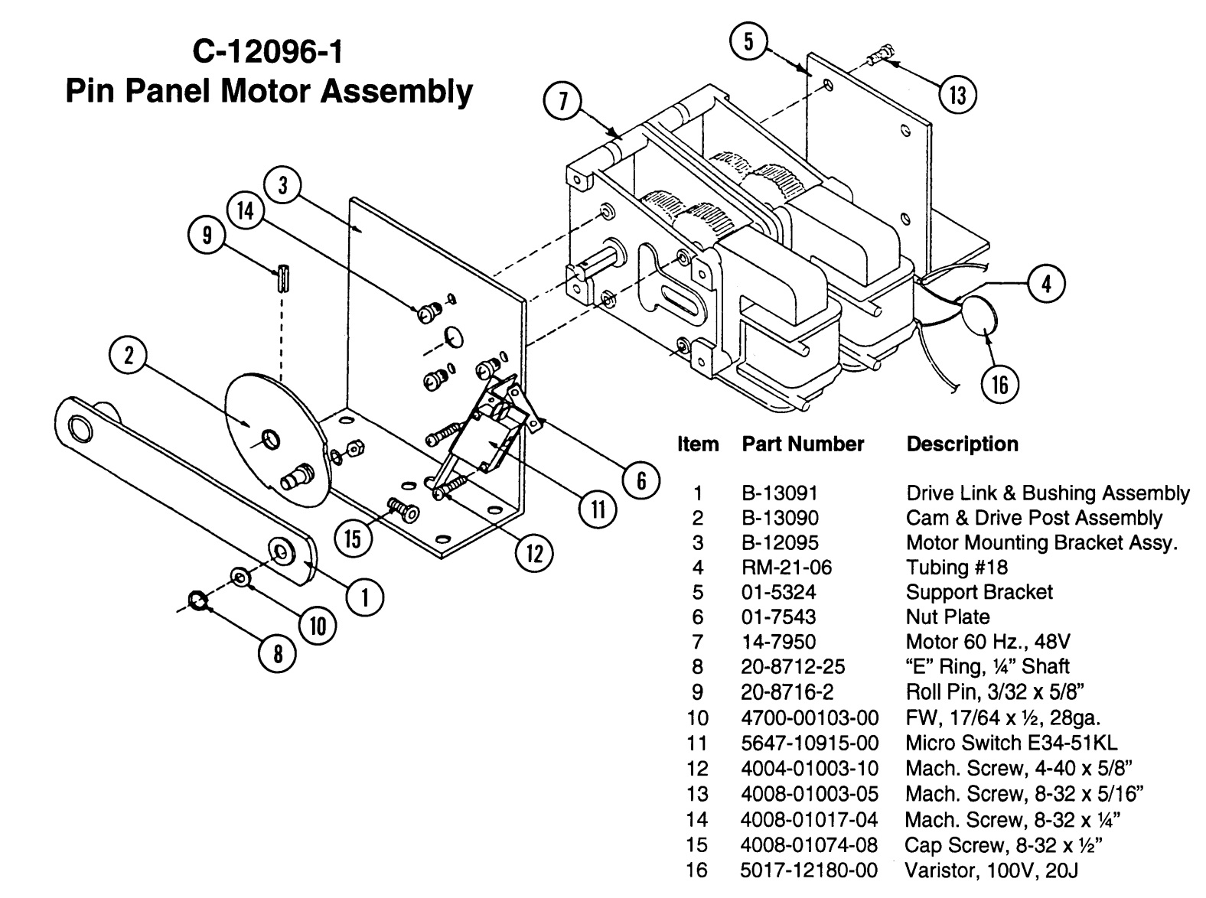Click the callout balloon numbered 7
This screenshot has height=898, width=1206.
563,102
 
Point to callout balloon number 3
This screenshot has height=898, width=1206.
283,186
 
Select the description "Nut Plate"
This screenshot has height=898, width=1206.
947,617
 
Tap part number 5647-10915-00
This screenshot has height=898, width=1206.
810,743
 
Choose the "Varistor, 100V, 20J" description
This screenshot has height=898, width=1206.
992,870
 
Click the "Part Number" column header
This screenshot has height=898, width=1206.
803,444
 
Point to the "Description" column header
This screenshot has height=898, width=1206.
962,444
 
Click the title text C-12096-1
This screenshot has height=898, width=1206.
268,53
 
